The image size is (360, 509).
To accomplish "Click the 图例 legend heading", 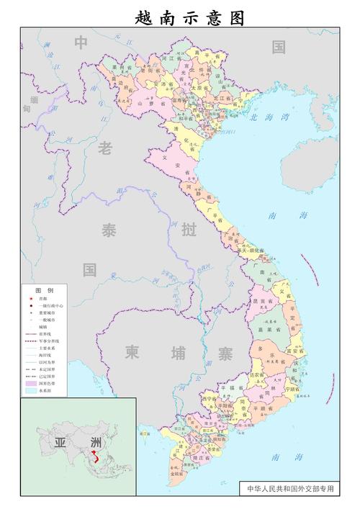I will tap(45, 289).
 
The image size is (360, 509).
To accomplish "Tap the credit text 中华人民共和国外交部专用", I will tap(290, 487).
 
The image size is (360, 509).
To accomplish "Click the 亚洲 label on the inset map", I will tap(74, 443).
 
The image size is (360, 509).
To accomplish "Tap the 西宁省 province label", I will tap(210, 398).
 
